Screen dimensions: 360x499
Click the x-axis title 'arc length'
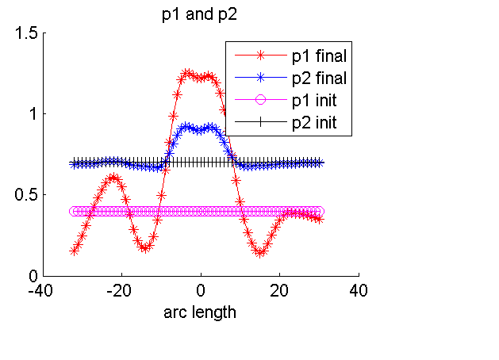click(200, 312)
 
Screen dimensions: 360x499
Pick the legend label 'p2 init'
click(316, 123)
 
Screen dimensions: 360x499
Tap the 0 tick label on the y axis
click(33, 276)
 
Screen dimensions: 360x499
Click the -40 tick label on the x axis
click(43, 290)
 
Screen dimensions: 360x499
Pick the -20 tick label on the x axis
click(121, 290)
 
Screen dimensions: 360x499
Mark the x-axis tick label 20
click(279, 290)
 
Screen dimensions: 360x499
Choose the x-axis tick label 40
click(359, 290)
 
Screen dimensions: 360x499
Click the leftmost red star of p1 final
click(74, 251)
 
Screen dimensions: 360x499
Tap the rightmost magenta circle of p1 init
click(319, 212)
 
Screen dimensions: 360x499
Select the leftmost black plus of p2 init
click(74, 163)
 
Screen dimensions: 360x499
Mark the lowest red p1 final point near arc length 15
click(260, 253)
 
